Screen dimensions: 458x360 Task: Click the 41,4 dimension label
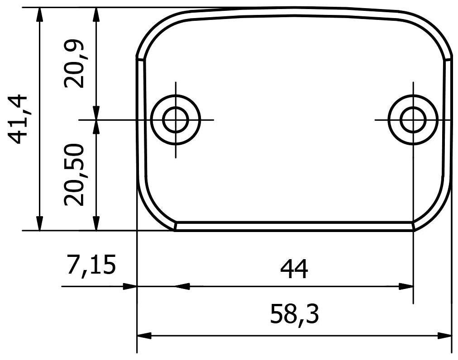coord(18,119)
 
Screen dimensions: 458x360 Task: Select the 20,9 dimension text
coord(74,64)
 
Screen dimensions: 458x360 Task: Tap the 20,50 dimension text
coord(74,175)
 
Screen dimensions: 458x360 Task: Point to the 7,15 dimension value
coord(91,265)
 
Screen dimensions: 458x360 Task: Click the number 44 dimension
coord(294,269)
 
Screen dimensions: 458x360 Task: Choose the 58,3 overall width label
coord(294,314)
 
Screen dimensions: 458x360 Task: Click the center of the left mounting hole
coord(176,120)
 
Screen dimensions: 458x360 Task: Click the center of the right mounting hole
coord(413,120)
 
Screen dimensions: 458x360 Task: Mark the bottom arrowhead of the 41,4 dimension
coord(40,223)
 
